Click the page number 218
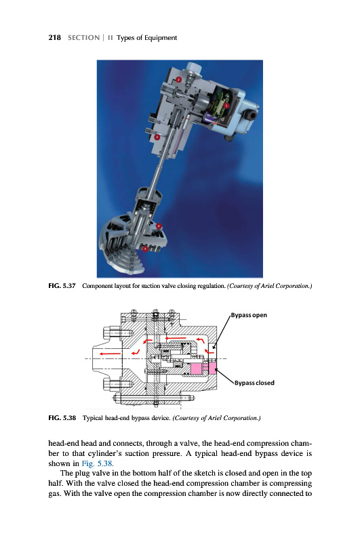(55, 38)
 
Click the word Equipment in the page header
(161, 38)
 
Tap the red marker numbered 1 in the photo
(226, 105)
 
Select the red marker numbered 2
(178, 79)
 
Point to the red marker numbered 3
(157, 137)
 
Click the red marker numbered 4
(159, 226)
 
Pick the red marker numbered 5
(146, 248)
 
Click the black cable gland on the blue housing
(251, 114)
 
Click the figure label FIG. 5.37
(62, 286)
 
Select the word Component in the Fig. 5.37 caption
(98, 286)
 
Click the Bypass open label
(249, 315)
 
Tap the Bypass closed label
(254, 383)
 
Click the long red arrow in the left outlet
(110, 354)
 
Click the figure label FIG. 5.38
(62, 418)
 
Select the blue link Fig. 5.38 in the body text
(97, 463)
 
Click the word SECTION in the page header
(83, 38)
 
